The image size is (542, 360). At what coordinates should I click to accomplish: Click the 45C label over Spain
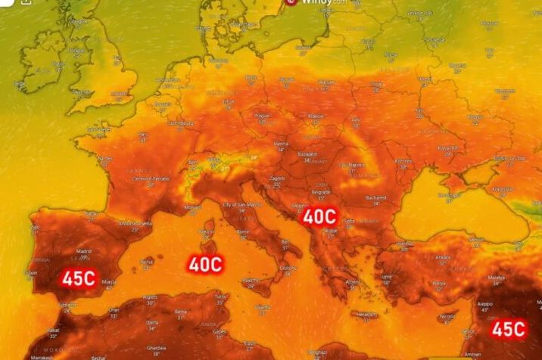coord(78,278)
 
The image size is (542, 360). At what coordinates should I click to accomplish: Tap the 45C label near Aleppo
coord(509,329)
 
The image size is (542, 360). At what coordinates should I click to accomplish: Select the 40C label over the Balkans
coord(319,217)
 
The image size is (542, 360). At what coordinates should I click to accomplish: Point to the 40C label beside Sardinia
coord(205,264)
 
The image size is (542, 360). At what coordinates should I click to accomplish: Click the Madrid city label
coord(83,250)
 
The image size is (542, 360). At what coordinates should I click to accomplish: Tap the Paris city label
coord(163,104)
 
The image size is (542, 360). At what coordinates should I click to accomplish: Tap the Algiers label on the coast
coord(150,297)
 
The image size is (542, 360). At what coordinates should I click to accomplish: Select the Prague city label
coord(262,116)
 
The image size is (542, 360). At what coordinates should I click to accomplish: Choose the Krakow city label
coord(315,116)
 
